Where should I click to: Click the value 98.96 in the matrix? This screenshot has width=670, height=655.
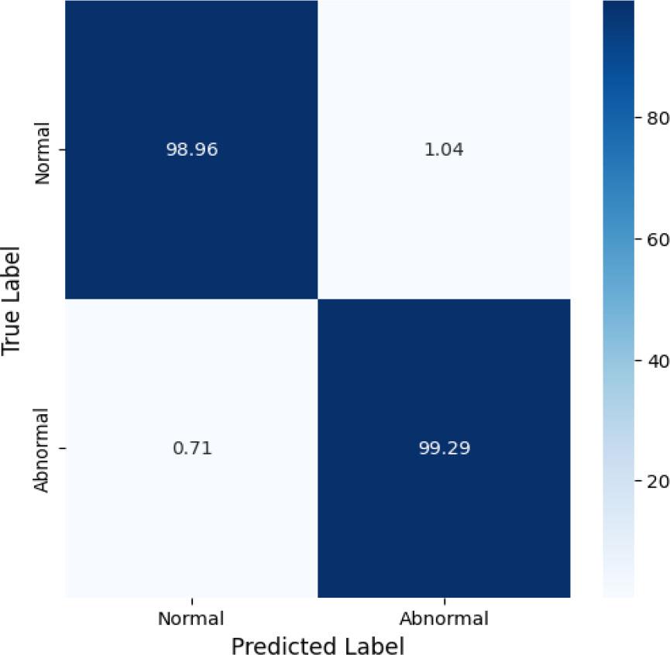click(191, 149)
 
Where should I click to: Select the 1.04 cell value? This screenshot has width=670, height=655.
click(444, 149)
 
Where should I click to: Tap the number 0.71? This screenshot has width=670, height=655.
click(191, 448)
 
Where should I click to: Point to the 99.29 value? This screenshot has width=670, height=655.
click(444, 448)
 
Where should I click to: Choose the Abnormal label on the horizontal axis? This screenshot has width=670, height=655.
click(444, 619)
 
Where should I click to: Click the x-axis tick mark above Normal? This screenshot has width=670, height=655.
click(191, 602)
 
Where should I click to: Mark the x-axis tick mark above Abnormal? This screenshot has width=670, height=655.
click(444, 602)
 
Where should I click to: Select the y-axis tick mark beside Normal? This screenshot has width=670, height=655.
click(62, 149)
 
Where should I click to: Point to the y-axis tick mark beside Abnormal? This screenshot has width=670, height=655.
click(62, 448)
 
